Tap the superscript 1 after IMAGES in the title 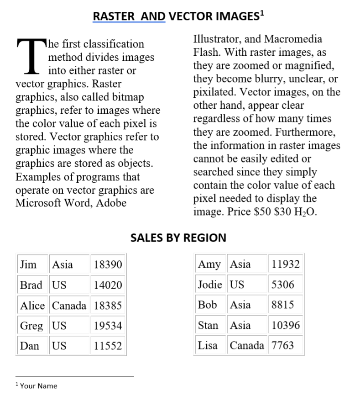click(262, 13)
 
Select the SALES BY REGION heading click(178, 238)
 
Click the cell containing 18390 click(107, 264)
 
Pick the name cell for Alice click(32, 306)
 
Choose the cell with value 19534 click(107, 326)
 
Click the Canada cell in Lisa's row click(247, 345)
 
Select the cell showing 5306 click(283, 285)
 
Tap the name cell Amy click(209, 264)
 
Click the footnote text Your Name click(38, 386)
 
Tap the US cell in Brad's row click(59, 285)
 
